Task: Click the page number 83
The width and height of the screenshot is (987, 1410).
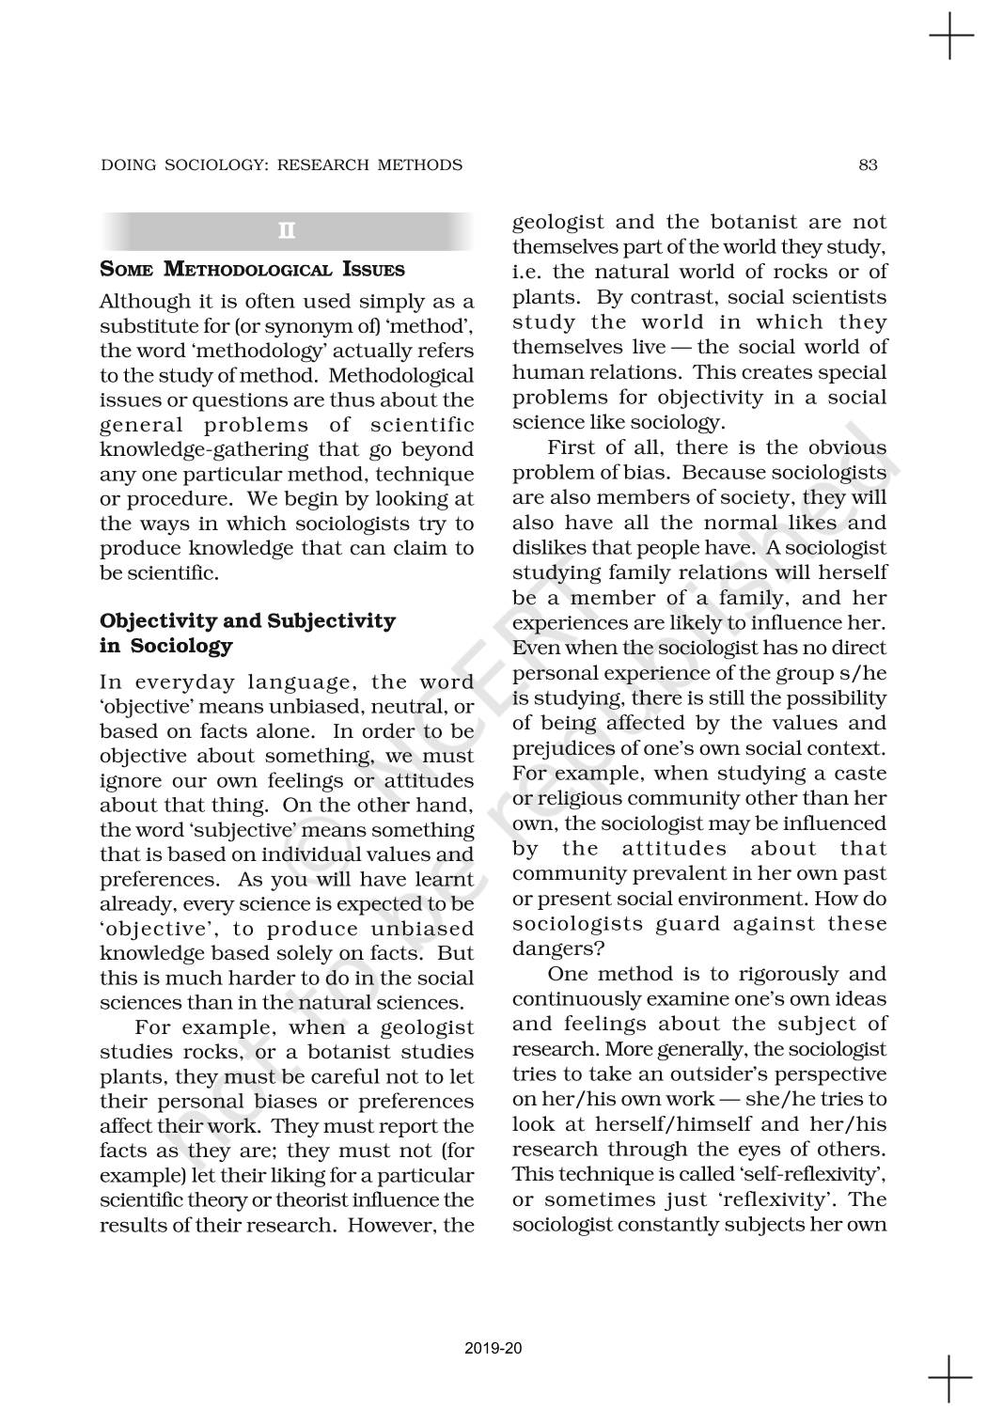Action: [x=868, y=165]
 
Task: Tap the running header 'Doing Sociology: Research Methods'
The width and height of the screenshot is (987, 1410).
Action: [x=281, y=165]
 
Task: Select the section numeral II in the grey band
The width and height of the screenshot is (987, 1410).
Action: [x=287, y=231]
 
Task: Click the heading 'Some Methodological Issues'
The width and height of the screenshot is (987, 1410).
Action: [x=252, y=270]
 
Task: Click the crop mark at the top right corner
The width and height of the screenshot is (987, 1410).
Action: [x=950, y=39]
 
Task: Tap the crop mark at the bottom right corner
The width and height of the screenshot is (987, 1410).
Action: [x=950, y=1377]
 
